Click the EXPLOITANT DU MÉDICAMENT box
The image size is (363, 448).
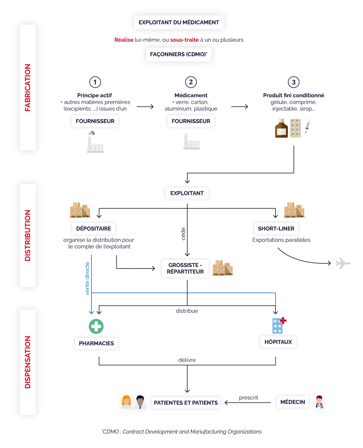[x=179, y=22]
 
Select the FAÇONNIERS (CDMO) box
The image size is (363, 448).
[x=179, y=54]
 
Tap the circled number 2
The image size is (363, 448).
[x=191, y=82]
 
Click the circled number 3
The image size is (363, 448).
[x=293, y=82]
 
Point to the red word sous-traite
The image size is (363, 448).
[x=184, y=40]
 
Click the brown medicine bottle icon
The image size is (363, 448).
[x=281, y=128]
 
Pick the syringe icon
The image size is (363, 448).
[x=307, y=127]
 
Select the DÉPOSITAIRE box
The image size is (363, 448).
[x=94, y=228]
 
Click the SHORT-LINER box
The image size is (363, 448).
[x=276, y=228]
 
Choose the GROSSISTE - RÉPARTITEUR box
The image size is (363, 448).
[x=185, y=268]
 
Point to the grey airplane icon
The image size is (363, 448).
[x=343, y=263]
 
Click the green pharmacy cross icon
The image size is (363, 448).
[x=96, y=326]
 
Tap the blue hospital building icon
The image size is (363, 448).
[x=279, y=326]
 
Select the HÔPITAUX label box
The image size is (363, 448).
[x=278, y=342]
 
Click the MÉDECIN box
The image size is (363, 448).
[x=293, y=402]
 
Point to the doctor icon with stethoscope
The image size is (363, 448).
[x=319, y=402]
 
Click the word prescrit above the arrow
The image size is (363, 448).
[x=249, y=397]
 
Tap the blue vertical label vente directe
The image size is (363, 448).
[x=87, y=278]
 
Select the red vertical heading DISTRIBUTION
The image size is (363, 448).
[x=28, y=235]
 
